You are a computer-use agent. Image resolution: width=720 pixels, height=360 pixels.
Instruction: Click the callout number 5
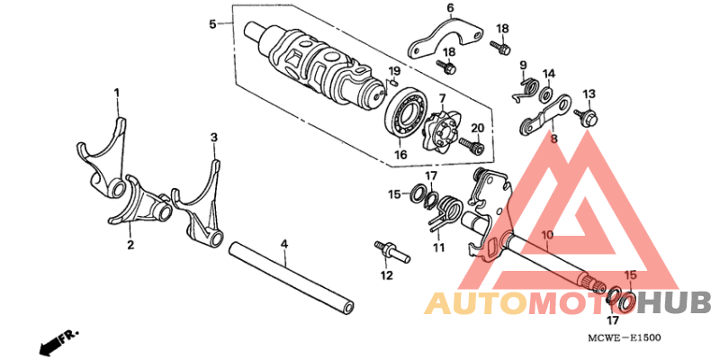(x=212, y=24)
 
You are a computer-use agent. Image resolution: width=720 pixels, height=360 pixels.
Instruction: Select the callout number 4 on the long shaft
(x=284, y=244)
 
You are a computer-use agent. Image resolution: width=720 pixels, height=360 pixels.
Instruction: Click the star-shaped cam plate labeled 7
(x=439, y=130)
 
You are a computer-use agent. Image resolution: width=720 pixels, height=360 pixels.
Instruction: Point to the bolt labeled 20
(x=472, y=145)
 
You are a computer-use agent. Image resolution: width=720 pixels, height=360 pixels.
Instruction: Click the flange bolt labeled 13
(x=586, y=117)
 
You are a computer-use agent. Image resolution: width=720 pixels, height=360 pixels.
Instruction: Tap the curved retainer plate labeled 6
(x=444, y=40)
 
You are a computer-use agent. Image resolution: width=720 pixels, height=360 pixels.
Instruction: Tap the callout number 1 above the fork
(x=117, y=94)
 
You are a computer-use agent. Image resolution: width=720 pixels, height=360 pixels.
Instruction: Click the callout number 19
(x=394, y=71)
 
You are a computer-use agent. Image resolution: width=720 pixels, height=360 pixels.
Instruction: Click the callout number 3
(x=214, y=138)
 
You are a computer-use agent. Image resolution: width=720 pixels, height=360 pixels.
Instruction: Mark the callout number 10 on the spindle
(x=547, y=235)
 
